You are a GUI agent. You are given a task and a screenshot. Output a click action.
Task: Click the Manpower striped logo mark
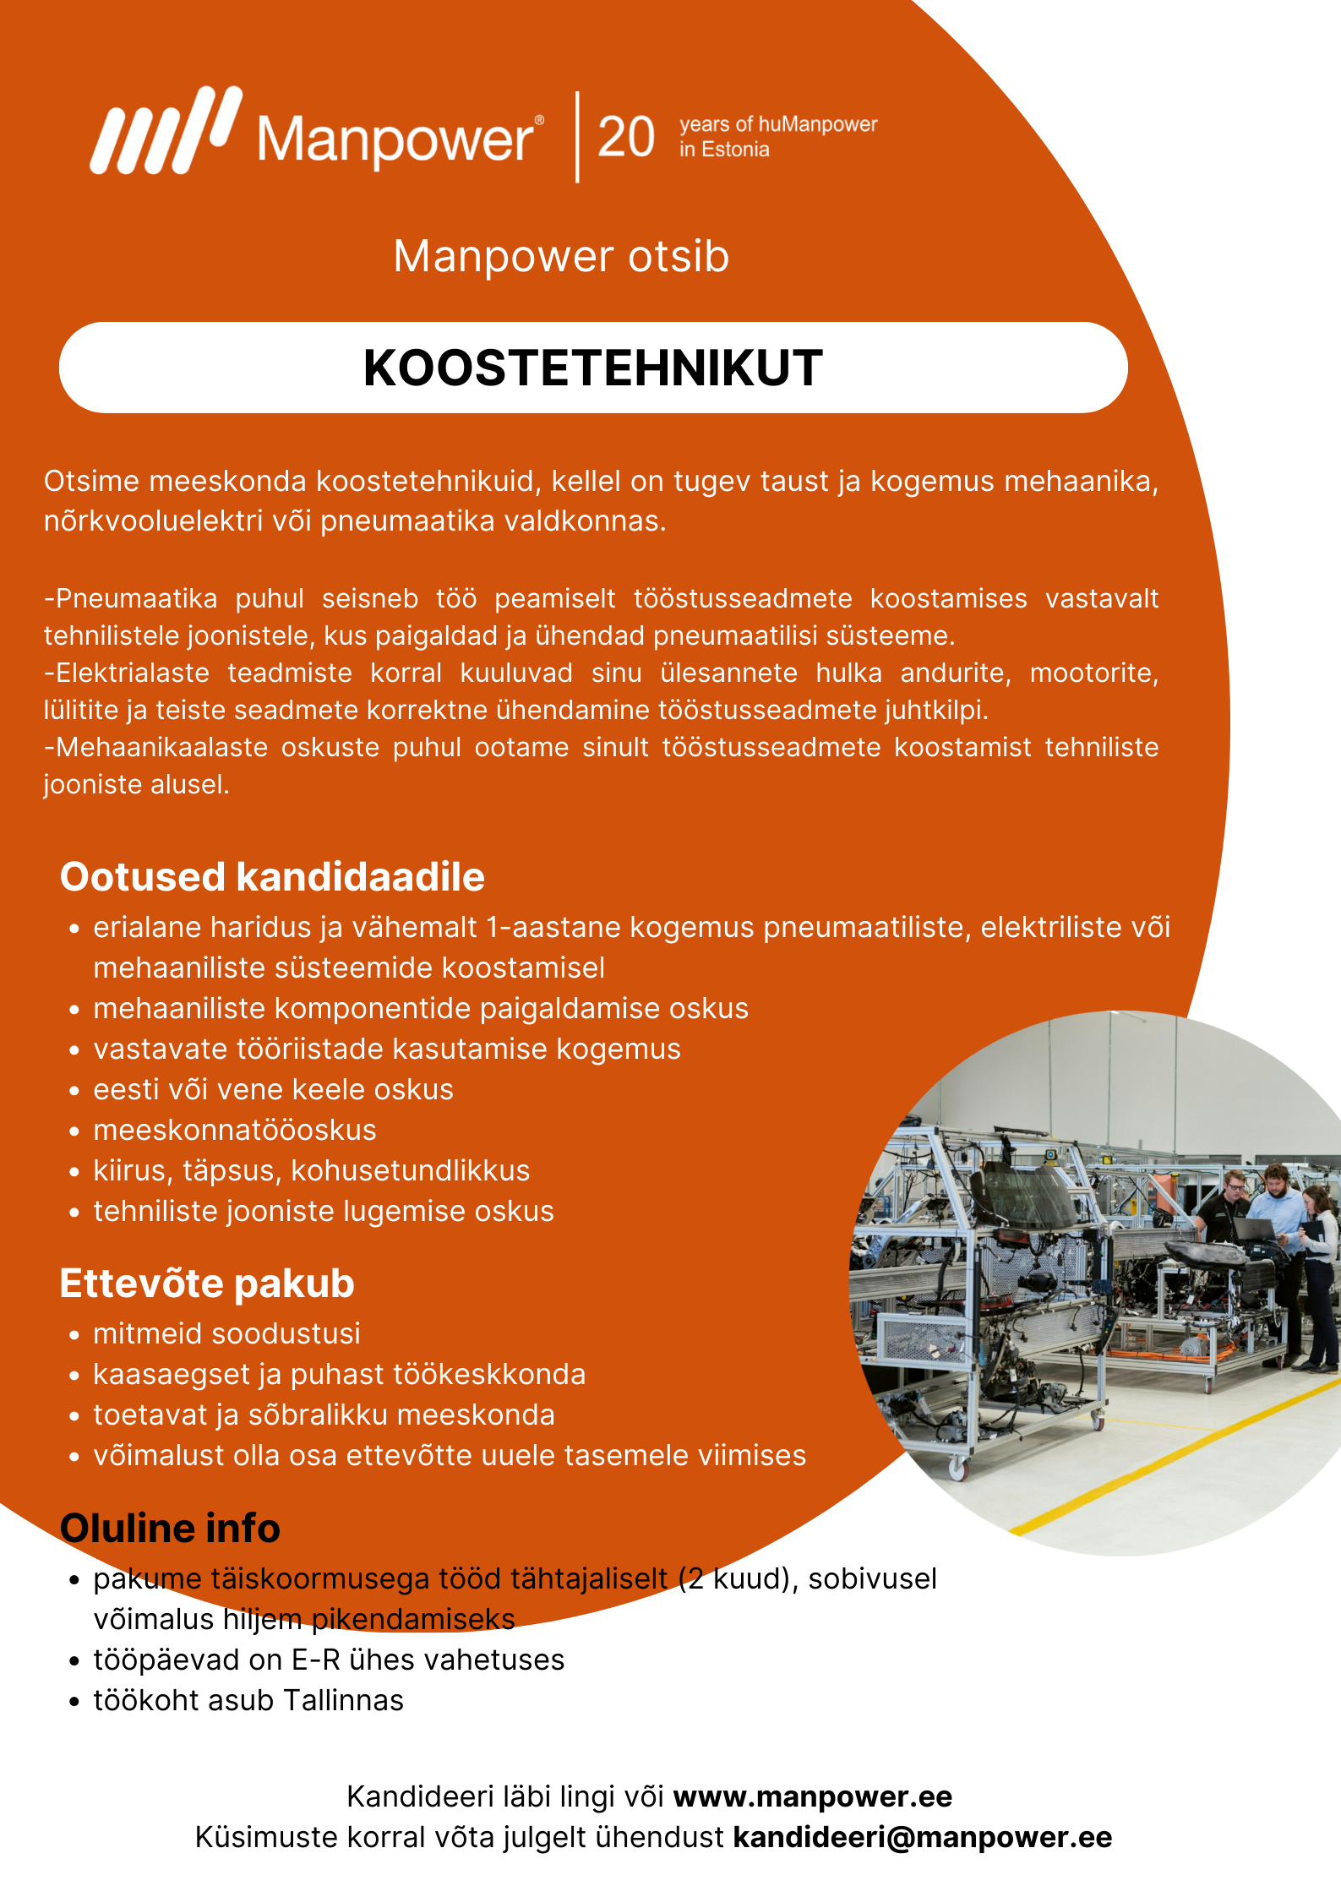pos(165,131)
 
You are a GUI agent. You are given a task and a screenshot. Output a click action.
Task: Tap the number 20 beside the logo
pos(626,137)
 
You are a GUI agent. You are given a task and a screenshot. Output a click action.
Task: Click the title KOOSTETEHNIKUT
pos(593,368)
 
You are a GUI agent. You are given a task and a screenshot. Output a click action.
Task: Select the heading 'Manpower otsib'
pos(561,256)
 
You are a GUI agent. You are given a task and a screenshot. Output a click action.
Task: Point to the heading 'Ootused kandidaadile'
pos(272,877)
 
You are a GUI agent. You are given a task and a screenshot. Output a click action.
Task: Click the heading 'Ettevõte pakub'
pos(207,1284)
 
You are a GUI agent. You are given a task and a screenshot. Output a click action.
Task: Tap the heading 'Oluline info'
pos(170,1529)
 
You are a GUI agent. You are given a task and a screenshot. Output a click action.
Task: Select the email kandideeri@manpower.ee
pos(923,1837)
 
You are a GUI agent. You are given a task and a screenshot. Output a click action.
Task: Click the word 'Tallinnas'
pos(343,1700)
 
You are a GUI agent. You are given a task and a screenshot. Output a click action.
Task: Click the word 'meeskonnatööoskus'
pos(235,1131)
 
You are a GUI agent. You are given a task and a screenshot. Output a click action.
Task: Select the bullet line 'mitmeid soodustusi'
pos(226,1334)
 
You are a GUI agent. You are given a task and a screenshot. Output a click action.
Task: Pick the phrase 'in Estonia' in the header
pos(724,150)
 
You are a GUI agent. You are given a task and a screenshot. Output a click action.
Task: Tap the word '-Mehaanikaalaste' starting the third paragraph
pos(155,748)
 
